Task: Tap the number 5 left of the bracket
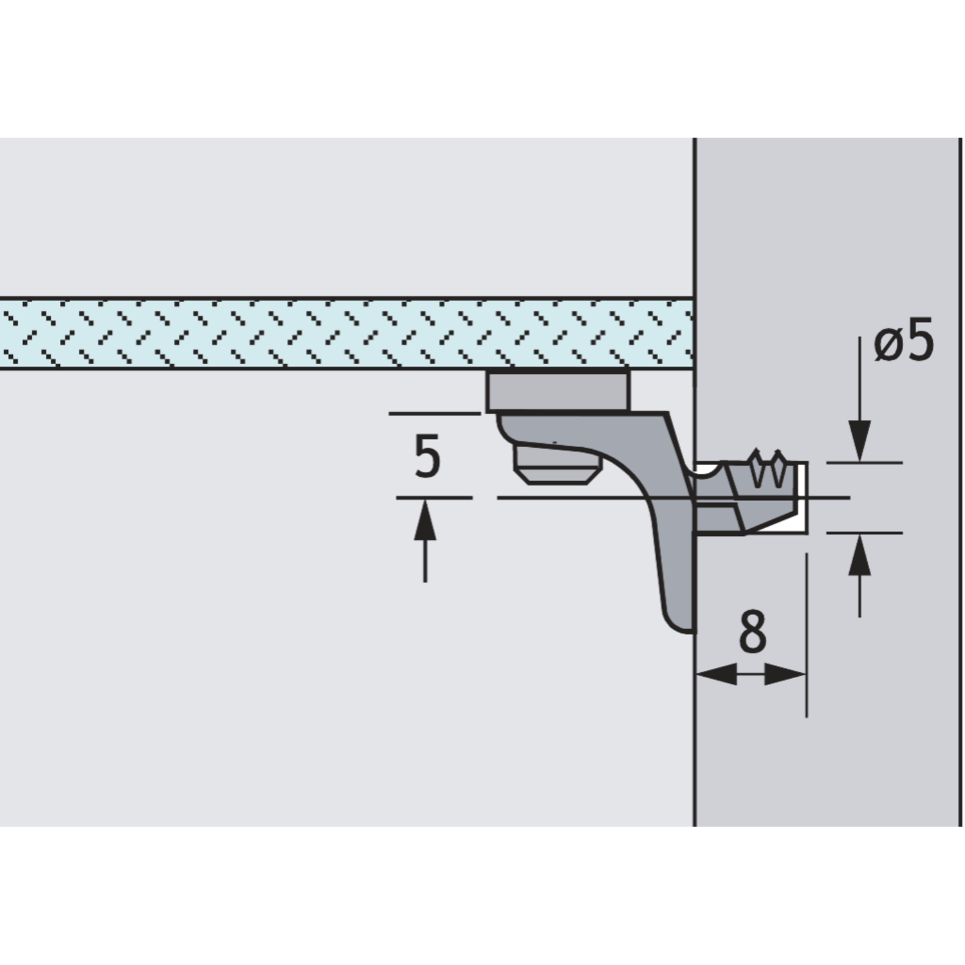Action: pos(427,456)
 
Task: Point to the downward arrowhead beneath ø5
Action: pos(860,441)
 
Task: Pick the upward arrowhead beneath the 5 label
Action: pos(425,519)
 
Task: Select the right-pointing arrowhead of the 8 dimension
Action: pos(785,675)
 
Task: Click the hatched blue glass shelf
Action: pos(346,333)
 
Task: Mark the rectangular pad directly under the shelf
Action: pos(558,391)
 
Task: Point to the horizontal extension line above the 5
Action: pos(435,414)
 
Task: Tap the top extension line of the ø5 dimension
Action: pos(864,463)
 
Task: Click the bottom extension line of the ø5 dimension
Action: pos(864,533)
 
